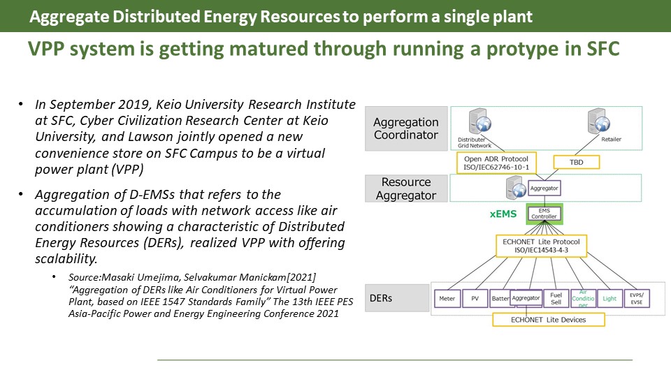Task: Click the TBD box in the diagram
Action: tap(575, 161)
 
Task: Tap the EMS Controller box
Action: tap(544, 213)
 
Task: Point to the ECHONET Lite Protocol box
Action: tap(544, 246)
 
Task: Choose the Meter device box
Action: tap(447, 298)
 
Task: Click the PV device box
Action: tap(475, 298)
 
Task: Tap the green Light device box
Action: tap(609, 298)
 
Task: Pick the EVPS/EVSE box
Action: tap(636, 298)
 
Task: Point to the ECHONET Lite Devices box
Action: tap(548, 319)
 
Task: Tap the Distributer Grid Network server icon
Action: tap(482, 123)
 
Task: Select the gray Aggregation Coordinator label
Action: tap(405, 128)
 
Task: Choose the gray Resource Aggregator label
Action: tap(405, 188)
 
